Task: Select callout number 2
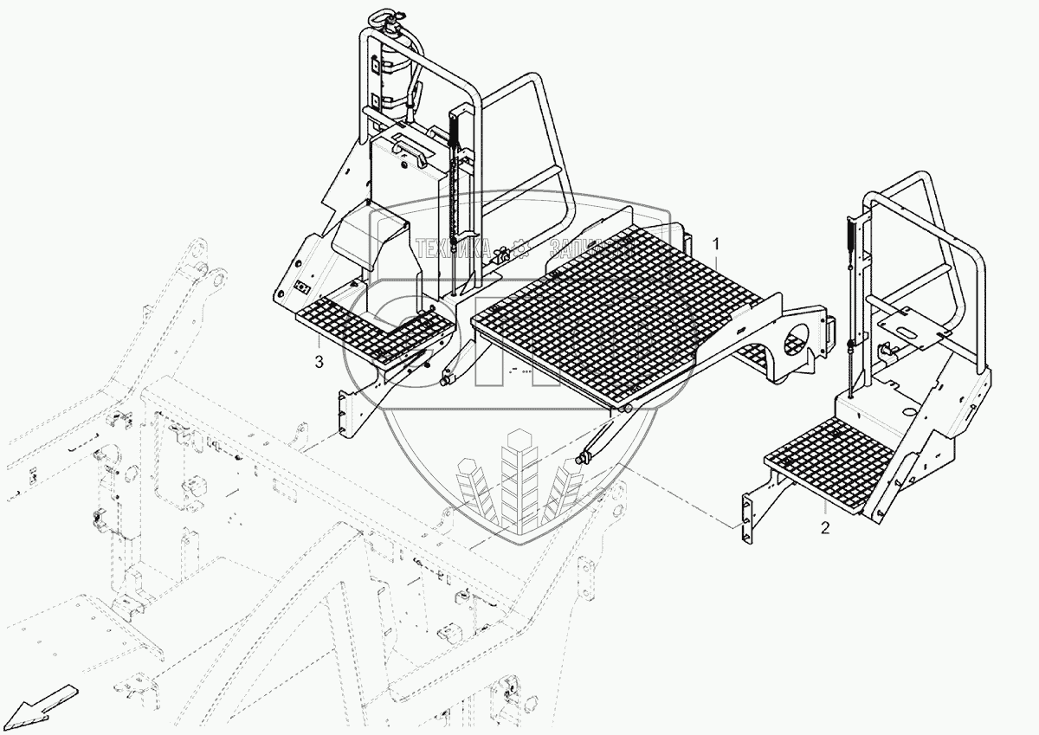tap(824, 527)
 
